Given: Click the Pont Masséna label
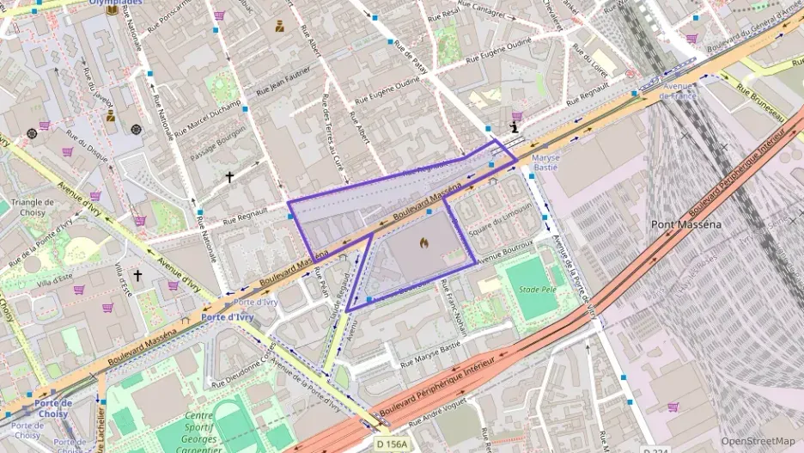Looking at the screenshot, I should coord(685,225).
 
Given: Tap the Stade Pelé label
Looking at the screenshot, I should coord(537,290).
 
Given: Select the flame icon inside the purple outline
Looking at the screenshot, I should coord(423,243).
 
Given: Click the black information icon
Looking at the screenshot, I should coord(515,127).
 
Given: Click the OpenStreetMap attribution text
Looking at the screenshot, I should coord(758,441).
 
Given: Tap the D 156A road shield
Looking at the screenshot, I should coord(392,444).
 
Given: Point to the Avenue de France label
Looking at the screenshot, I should coord(677,91).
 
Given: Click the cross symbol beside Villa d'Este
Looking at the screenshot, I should coord(137,276).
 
